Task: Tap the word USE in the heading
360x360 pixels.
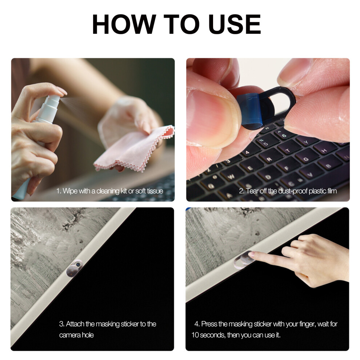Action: pyautogui.click(x=235, y=24)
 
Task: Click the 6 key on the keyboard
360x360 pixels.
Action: pyautogui.click(x=284, y=134)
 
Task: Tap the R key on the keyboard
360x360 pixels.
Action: pyautogui.click(x=269, y=159)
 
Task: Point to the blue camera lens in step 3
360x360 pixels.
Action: pyautogui.click(x=79, y=264)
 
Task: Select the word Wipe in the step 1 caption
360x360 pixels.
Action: pyautogui.click(x=70, y=191)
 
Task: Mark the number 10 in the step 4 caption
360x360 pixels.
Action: pyautogui.click(x=195, y=335)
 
